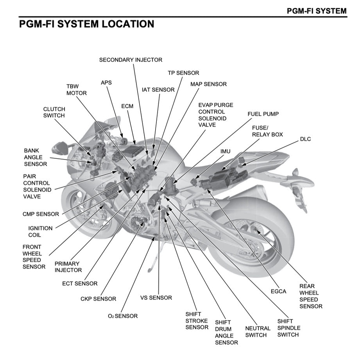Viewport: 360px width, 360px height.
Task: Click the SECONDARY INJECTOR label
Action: coord(131,60)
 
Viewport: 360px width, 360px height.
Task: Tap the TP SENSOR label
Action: coord(183,73)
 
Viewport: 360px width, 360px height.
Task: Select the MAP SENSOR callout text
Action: coord(208,84)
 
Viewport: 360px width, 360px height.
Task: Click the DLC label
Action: coord(305,139)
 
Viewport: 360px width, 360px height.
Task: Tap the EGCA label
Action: coord(278,291)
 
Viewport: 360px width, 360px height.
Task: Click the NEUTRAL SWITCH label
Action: coord(258,331)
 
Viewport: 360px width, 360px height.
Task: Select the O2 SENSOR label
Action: coord(123,316)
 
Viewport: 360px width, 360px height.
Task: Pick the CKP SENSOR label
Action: coord(98,299)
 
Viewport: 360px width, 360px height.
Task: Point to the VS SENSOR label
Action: coord(156,297)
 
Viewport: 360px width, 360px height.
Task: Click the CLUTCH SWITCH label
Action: coord(54,112)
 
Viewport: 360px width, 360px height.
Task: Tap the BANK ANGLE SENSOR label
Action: coord(36,157)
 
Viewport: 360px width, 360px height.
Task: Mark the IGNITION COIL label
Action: coord(40,231)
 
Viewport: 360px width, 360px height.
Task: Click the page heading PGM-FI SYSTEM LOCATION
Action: coord(86,24)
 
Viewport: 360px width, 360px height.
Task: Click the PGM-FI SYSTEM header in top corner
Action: coord(316,11)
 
